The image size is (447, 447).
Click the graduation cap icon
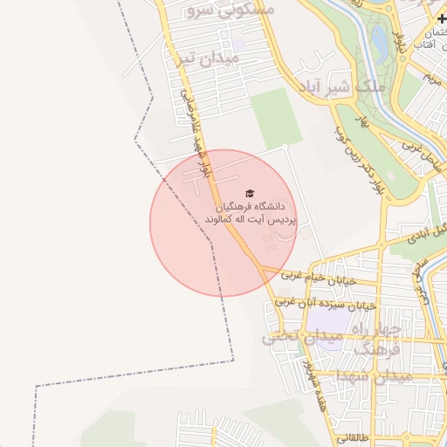coord(250,193)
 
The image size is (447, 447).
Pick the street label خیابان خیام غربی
coord(317,277)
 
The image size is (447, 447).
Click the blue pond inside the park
coord(379,37)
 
